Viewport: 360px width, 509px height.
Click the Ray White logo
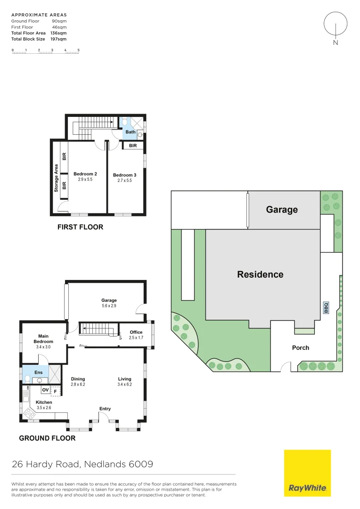(307, 473)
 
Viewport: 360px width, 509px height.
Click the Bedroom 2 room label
(85, 174)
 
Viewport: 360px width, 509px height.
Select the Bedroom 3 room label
(125, 175)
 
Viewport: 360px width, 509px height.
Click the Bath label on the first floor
(131, 132)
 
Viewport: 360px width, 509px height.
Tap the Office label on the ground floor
(136, 332)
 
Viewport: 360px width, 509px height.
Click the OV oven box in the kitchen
(45, 390)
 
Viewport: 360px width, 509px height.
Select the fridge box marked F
(56, 390)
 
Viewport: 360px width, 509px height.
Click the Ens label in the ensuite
(39, 372)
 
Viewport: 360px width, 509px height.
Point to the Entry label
(105, 409)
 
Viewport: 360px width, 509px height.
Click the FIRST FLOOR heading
(80, 227)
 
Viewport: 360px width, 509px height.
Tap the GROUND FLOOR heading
(47, 438)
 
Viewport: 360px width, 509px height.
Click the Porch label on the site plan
(301, 348)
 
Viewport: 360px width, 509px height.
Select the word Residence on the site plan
(260, 274)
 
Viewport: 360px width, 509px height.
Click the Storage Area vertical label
(56, 178)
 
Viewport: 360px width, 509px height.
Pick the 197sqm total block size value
(59, 39)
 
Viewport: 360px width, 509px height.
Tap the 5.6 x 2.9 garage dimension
(109, 306)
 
